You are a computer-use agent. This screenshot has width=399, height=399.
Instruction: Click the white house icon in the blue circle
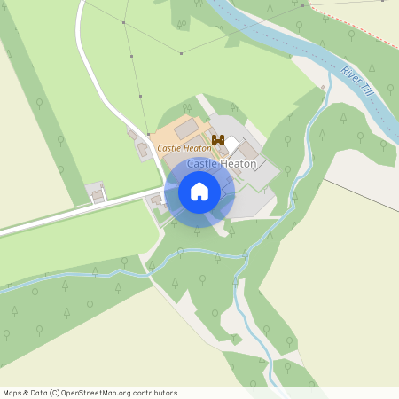pyautogui.click(x=199, y=192)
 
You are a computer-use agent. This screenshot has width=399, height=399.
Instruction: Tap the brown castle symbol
pyautogui.click(x=217, y=140)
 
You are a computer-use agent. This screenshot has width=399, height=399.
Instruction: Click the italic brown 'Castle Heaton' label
pyautogui.click(x=184, y=148)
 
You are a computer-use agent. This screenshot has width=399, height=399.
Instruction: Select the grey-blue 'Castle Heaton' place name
pyautogui.click(x=222, y=164)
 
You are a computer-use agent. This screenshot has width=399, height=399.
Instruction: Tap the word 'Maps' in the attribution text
pyautogui.click(x=12, y=393)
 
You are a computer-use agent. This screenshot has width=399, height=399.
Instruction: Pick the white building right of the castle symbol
pyautogui.click(x=232, y=143)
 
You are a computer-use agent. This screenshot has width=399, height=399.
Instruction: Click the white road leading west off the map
pyautogui.click(x=53, y=222)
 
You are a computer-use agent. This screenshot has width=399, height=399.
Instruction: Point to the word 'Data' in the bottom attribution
pyautogui.click(x=39, y=393)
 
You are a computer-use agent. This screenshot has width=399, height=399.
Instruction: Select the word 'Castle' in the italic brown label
pyautogui.click(x=170, y=148)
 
